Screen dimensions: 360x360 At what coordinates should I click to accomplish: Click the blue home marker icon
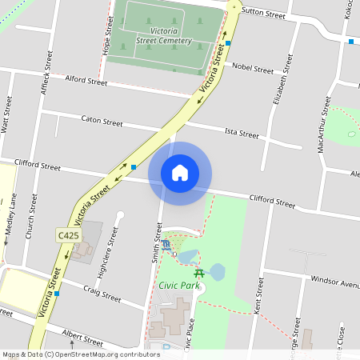[x=180, y=172]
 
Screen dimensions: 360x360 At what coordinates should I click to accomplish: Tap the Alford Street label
[x=86, y=81]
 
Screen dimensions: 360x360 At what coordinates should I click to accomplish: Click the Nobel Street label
[x=252, y=70]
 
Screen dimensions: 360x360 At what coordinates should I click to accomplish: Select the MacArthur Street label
[x=324, y=124]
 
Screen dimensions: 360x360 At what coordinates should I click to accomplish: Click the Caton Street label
[x=102, y=122]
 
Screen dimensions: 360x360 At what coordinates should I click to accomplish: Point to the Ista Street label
[x=242, y=132]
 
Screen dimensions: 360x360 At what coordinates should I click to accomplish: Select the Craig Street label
[x=102, y=294]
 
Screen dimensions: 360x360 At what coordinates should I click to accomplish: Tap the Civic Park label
[x=178, y=284]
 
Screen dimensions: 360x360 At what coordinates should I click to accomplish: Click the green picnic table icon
[x=199, y=273]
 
